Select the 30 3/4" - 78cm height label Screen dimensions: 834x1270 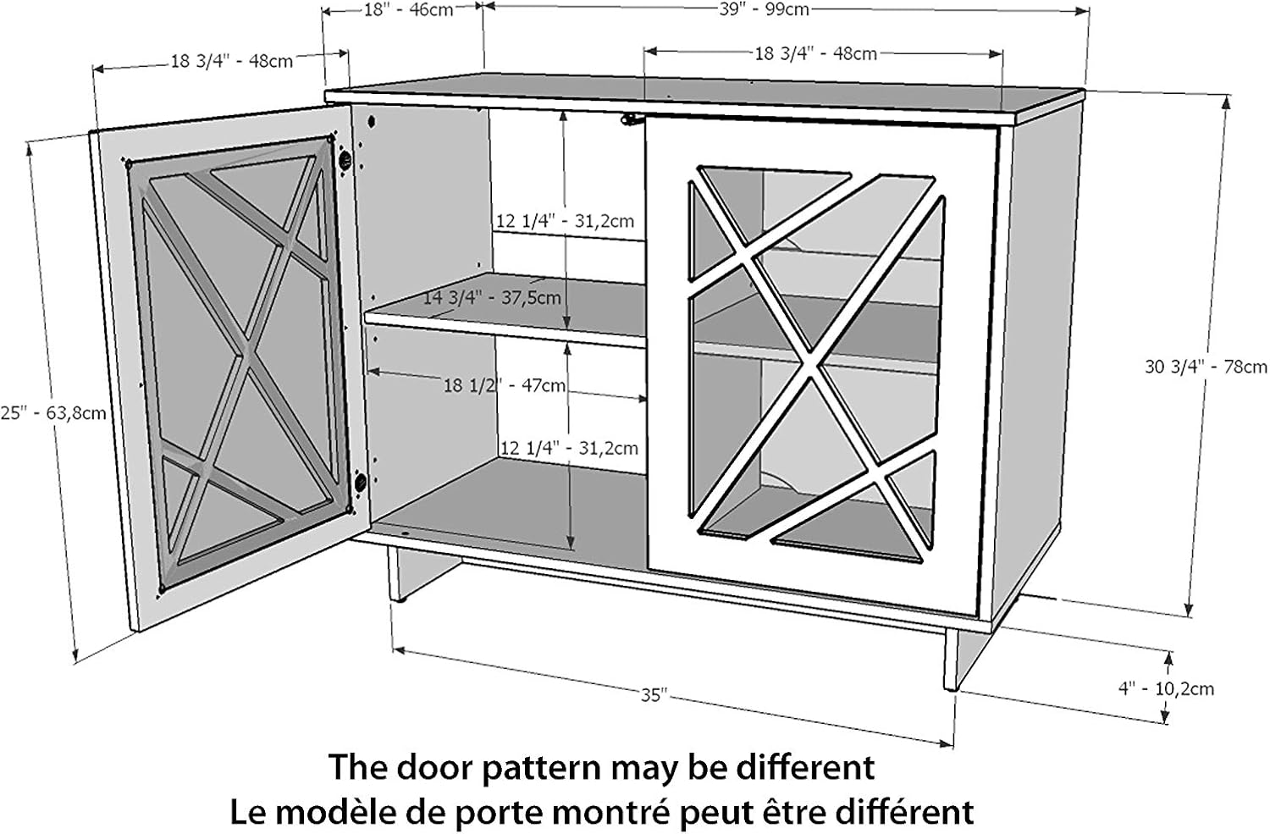[1206, 367]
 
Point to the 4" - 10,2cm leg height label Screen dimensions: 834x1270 [1166, 688]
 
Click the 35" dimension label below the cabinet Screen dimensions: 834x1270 [654, 695]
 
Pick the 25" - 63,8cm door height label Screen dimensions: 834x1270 [52, 413]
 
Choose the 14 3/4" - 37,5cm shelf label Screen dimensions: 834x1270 [491, 297]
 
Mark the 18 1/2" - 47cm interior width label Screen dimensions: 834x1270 [505, 385]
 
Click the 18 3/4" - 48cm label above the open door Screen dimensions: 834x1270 [232, 61]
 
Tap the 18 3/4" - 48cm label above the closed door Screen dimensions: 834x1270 [815, 53]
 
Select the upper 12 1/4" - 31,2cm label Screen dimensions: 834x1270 [565, 221]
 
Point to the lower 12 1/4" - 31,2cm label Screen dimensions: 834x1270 [569, 447]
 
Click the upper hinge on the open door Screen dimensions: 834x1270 [345, 159]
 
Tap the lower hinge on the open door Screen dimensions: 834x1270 [361, 483]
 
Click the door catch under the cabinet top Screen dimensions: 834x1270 [628, 121]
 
